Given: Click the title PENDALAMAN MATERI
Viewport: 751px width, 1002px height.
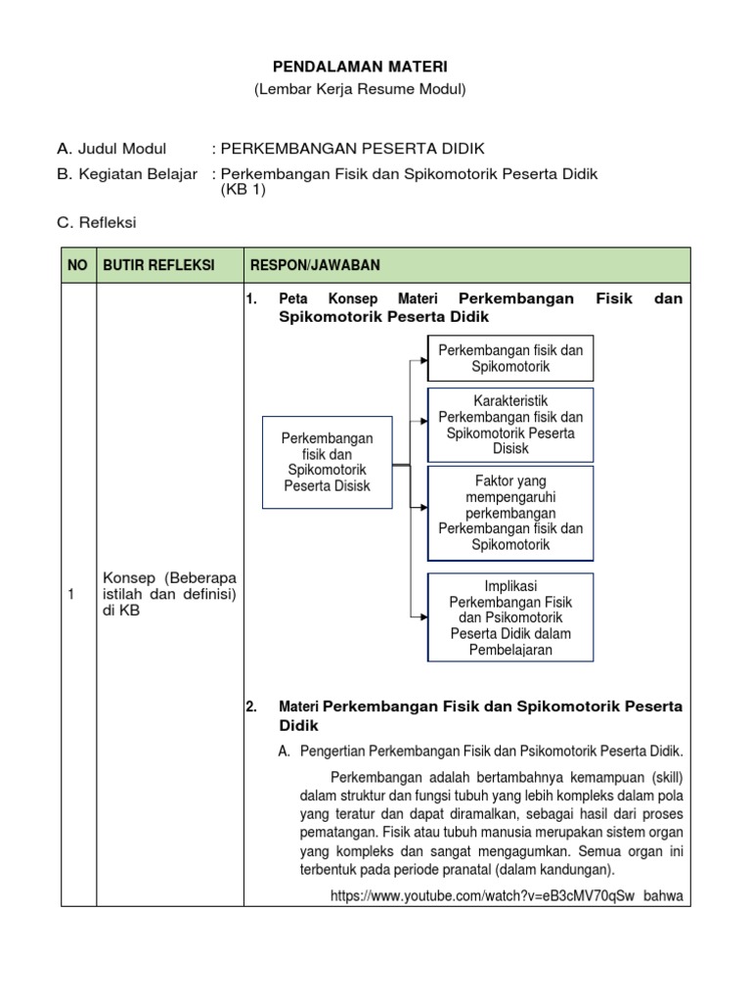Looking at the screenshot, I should click(361, 67).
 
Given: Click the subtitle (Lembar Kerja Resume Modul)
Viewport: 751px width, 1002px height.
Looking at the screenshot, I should click(361, 89).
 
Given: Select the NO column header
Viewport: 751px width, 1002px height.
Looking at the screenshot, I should click(77, 265).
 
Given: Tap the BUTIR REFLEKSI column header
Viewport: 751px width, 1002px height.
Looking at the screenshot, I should click(146, 265).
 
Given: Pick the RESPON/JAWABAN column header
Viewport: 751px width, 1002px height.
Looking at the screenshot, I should click(316, 265).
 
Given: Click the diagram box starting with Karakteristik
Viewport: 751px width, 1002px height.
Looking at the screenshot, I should click(510, 425).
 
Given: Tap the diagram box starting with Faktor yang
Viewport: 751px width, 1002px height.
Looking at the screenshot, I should click(510, 513).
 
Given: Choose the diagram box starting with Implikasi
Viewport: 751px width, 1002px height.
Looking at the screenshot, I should click(510, 617).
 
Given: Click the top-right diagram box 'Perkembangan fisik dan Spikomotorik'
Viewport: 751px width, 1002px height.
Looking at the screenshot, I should click(510, 358).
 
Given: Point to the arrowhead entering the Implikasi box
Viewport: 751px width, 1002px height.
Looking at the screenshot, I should click(422, 616).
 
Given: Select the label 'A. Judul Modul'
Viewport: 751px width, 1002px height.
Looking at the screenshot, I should click(111, 149).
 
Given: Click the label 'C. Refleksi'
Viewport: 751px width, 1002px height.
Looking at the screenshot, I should click(96, 223).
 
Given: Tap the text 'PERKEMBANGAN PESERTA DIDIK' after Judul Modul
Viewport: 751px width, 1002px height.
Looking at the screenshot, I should click(352, 149).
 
